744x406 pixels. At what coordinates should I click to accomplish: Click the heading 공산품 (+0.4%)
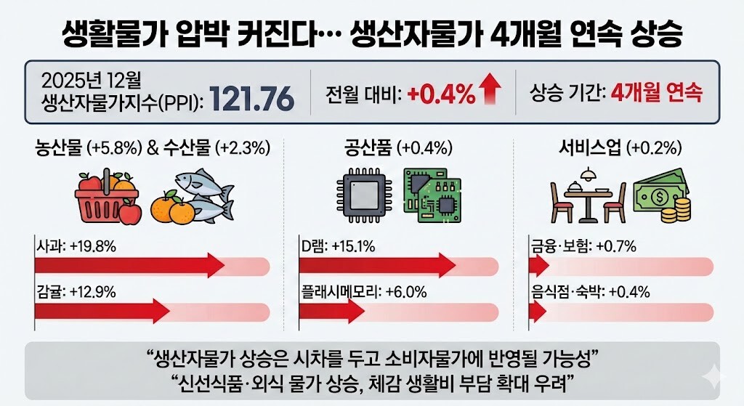coord(398,149)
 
